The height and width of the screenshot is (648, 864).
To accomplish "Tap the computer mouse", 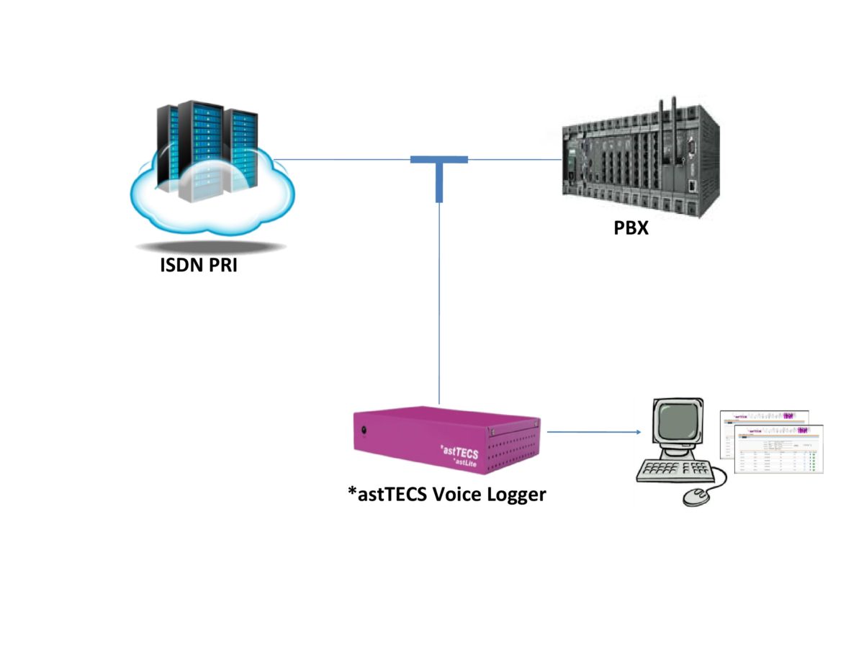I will click(x=696, y=496).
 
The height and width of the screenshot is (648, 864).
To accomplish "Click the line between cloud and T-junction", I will click(x=342, y=159).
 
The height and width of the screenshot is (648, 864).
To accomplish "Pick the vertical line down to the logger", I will click(x=439, y=302).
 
